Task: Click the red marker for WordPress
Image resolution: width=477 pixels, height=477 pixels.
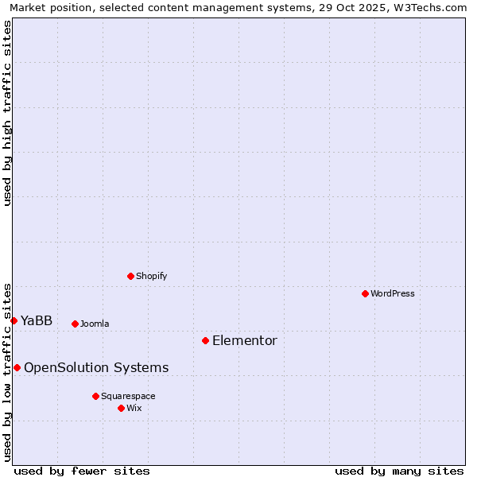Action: coord(365,293)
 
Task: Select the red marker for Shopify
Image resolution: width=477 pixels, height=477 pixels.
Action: coord(130,276)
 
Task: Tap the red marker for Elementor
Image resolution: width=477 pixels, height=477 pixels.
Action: coord(205,340)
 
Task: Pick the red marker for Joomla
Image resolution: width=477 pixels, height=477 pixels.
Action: coord(75,324)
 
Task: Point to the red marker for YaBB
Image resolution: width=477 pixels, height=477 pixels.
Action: coord(14,320)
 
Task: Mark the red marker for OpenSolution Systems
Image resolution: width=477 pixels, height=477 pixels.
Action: coord(17,367)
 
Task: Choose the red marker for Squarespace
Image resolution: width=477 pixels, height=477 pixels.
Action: coord(95,396)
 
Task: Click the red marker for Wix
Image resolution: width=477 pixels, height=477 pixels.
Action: coord(121,408)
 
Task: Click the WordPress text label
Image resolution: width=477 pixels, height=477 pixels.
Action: coord(393,293)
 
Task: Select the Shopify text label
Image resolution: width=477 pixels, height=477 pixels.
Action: coord(151,276)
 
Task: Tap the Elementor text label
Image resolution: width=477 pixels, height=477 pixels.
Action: coord(245,341)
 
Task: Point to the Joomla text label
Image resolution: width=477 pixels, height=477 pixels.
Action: coord(95,324)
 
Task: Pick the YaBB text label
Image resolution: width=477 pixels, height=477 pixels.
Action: coord(37,321)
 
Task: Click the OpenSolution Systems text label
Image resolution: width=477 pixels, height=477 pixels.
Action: coord(96,367)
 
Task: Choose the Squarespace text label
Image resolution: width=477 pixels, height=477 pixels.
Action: coord(128,396)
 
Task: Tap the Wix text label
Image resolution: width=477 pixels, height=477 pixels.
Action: coord(134,408)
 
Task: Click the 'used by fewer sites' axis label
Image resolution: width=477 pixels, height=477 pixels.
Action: coord(82,471)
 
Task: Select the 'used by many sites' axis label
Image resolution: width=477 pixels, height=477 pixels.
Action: coord(399,471)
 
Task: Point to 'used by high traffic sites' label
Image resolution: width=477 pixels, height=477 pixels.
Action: coord(7,113)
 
